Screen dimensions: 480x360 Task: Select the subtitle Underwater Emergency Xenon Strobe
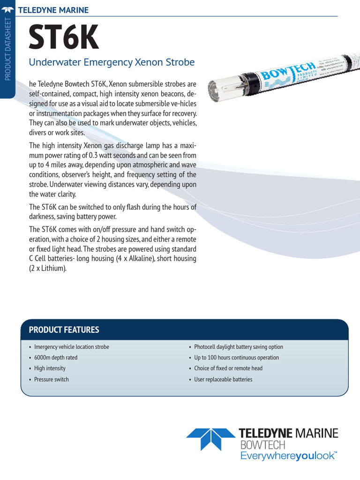coord(112,62)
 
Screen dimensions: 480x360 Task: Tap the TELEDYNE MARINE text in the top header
coord(52,10)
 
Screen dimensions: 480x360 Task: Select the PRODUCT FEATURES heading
coord(64,330)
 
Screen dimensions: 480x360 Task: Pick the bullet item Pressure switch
coord(51,379)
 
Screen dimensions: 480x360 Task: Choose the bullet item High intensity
coord(50,368)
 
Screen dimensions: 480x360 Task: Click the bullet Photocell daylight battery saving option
coord(239,347)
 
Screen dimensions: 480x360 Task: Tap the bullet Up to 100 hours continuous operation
coord(236,358)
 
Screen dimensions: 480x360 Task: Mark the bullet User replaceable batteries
coord(223,379)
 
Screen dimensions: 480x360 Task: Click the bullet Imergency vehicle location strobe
coord(71,347)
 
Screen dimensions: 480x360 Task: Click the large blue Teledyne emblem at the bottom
coord(210,439)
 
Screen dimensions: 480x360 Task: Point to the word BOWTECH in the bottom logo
coord(262,444)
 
